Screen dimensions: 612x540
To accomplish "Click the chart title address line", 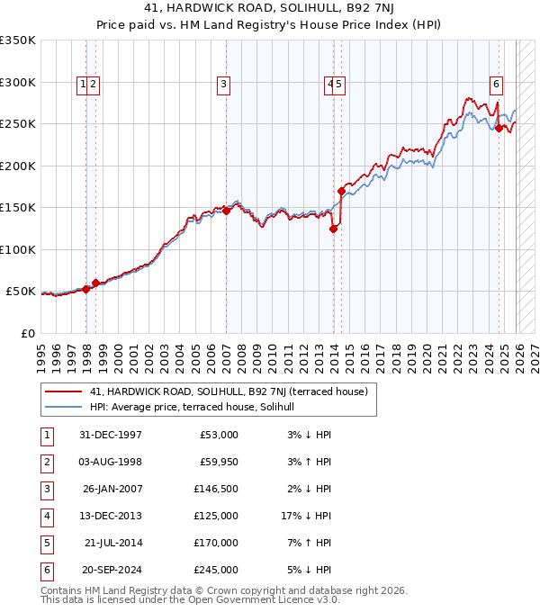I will tap(270, 8).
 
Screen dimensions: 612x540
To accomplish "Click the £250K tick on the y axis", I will tap(18, 124).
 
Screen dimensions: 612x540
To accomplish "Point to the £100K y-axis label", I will tap(18, 249).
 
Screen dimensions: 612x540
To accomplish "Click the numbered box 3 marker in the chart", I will tap(222, 85).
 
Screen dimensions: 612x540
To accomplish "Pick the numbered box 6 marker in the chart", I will tap(496, 85).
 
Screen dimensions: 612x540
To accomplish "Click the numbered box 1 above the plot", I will tap(84, 85).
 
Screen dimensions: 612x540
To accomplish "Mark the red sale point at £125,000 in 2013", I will tap(333, 229).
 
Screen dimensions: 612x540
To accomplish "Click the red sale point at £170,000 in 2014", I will tap(342, 191).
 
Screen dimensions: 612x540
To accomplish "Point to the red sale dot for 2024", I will tap(499, 128).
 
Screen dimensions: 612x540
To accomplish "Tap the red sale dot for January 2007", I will tap(226, 211).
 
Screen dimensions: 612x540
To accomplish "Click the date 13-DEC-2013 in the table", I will tap(111, 516).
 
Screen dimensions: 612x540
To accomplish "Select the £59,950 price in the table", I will tap(216, 462).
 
